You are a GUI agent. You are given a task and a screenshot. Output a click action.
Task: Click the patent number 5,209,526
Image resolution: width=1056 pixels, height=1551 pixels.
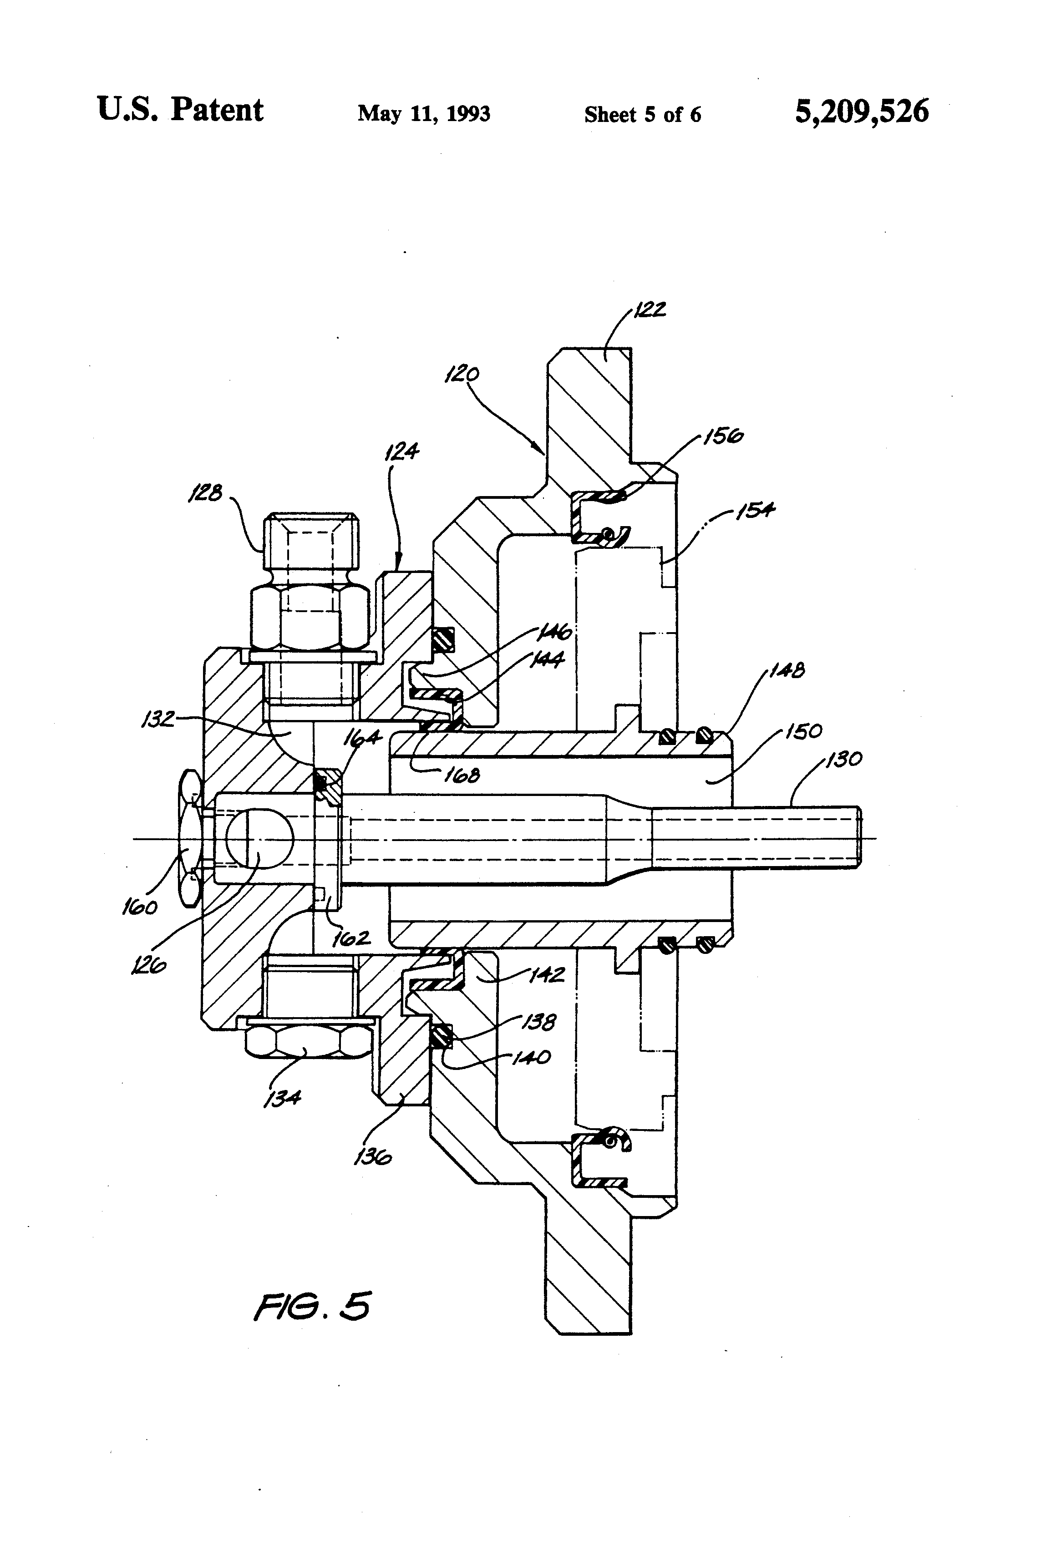pyautogui.click(x=861, y=112)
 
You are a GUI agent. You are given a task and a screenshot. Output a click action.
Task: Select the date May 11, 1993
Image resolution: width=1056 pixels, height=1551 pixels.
pyautogui.click(x=424, y=113)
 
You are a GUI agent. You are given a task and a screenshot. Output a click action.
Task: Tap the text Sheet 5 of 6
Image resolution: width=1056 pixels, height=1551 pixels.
pyautogui.click(x=642, y=115)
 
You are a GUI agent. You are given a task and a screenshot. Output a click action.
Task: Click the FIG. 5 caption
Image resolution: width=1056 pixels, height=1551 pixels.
pyautogui.click(x=312, y=1307)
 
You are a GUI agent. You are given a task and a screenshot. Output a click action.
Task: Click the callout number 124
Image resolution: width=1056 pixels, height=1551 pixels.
pyautogui.click(x=402, y=452)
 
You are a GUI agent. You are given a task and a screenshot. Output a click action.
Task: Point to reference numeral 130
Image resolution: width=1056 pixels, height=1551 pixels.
pyautogui.click(x=844, y=760)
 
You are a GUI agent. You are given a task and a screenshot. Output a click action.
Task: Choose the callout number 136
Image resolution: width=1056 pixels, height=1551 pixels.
pyautogui.click(x=372, y=1156)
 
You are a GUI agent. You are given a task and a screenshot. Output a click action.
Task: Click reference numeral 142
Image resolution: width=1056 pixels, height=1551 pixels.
pyautogui.click(x=547, y=975)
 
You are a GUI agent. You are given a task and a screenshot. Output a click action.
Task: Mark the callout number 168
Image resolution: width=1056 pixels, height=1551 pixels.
pyautogui.click(x=462, y=775)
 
